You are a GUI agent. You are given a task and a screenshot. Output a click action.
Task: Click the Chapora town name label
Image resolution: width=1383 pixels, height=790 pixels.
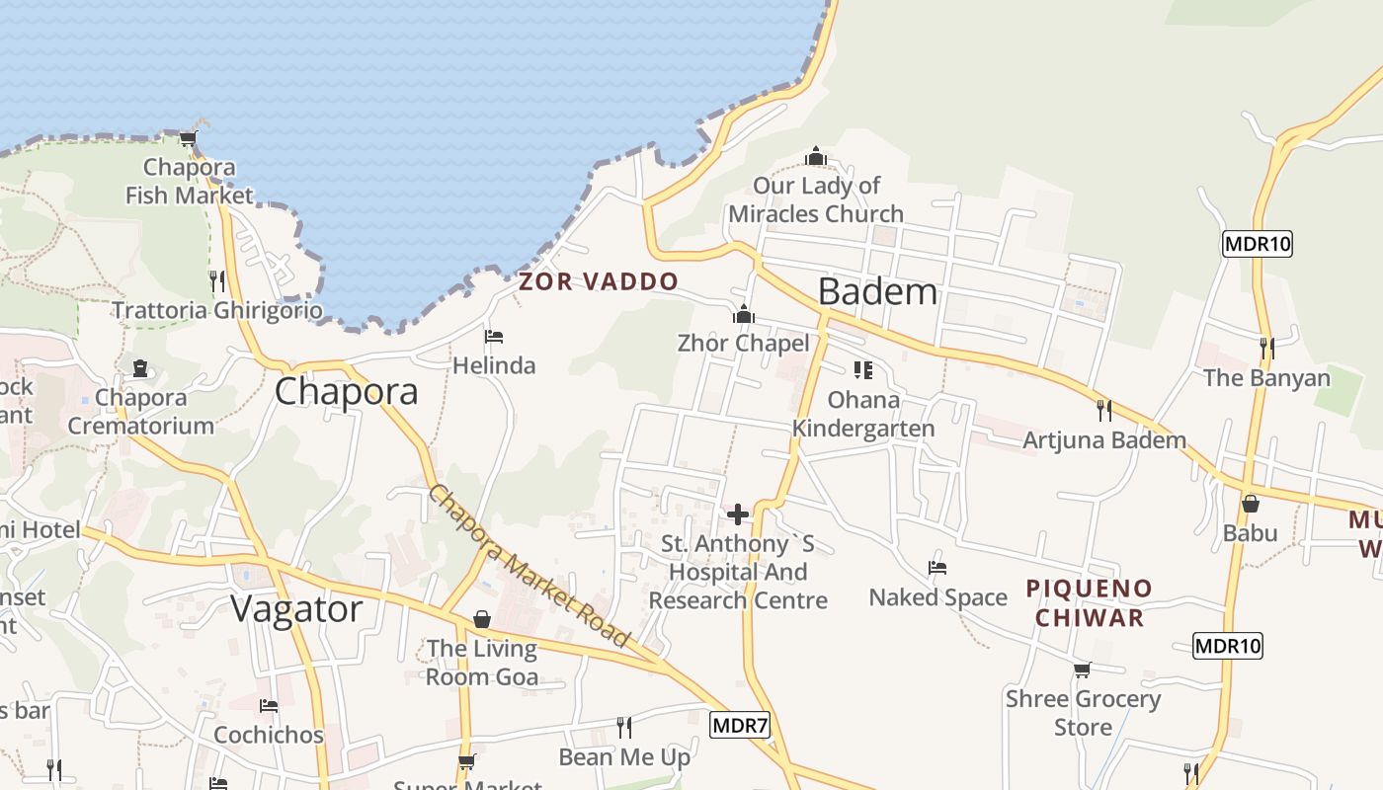pyautogui.click(x=346, y=392)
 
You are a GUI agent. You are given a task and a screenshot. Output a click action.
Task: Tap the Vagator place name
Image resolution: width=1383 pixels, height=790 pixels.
pyautogui.click(x=296, y=609)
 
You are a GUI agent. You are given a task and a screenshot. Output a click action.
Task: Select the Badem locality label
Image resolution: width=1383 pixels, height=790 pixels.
pyautogui.click(x=877, y=291)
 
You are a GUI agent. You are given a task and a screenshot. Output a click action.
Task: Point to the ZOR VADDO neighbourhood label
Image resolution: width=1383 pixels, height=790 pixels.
pyautogui.click(x=599, y=281)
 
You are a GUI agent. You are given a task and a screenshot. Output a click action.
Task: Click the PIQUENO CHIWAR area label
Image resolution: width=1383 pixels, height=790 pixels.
pyautogui.click(x=1089, y=603)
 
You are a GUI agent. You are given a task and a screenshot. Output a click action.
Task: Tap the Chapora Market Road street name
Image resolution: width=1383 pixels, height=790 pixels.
pyautogui.click(x=529, y=567)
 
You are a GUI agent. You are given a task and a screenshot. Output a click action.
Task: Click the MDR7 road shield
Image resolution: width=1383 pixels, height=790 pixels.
pyautogui.click(x=740, y=726)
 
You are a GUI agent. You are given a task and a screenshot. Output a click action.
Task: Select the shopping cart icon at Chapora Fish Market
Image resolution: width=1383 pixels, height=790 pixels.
pyautogui.click(x=188, y=138)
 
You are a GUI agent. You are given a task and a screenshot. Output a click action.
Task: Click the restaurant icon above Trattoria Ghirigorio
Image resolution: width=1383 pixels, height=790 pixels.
pyautogui.click(x=216, y=281)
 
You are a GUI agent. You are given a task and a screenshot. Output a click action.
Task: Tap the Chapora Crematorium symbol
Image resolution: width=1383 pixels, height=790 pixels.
pyautogui.click(x=140, y=368)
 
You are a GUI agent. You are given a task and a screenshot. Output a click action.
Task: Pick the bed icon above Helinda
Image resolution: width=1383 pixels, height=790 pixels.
pyautogui.click(x=494, y=337)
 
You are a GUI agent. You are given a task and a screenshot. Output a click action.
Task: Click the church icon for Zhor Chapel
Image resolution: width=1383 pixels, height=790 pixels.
pyautogui.click(x=744, y=315)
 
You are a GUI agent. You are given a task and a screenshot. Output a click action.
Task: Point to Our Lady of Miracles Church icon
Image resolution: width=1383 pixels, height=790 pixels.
pyautogui.click(x=816, y=156)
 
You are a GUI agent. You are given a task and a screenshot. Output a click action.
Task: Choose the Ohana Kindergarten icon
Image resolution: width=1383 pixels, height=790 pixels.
pyautogui.click(x=863, y=370)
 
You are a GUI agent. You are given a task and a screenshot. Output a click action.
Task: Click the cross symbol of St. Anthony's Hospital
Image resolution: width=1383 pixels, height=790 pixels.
pyautogui.click(x=737, y=513)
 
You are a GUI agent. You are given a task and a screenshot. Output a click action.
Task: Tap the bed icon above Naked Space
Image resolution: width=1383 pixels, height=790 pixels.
pyautogui.click(x=937, y=568)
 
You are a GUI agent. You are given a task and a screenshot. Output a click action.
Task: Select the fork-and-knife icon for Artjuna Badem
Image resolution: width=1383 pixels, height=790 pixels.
pyautogui.click(x=1104, y=410)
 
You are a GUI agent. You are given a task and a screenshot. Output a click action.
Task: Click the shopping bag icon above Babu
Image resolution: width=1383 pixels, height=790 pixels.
pyautogui.click(x=1250, y=504)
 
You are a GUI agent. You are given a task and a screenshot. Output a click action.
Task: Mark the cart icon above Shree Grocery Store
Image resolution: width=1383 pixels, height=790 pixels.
pyautogui.click(x=1083, y=670)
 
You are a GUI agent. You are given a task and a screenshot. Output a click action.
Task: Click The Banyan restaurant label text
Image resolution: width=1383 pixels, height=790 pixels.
pyautogui.click(x=1267, y=378)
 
